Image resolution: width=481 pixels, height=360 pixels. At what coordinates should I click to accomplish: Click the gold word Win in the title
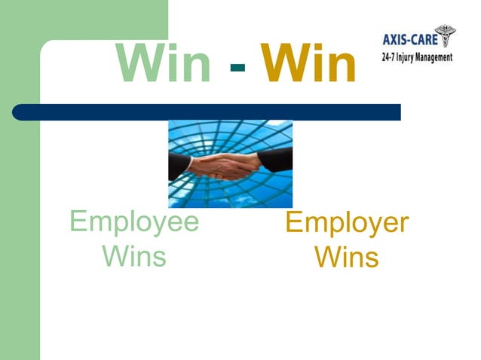pos(308,65)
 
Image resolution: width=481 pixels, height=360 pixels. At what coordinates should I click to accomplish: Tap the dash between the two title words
pos(237,68)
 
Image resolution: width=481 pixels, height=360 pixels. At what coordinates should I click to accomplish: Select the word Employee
pos(134,223)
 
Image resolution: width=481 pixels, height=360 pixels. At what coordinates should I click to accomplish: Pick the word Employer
pos(347,224)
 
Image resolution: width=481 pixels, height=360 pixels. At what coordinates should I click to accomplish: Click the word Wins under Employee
pos(134,256)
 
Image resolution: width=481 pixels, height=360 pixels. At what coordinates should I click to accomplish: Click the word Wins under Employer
pos(347,258)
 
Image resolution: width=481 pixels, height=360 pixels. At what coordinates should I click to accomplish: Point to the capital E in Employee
pos(76,223)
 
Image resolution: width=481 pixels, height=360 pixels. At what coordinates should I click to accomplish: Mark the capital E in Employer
pos(295,224)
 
